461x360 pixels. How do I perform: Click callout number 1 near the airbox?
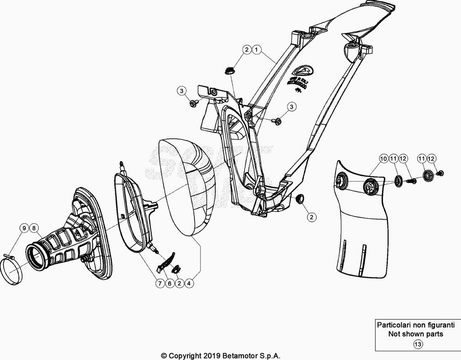click(256, 50)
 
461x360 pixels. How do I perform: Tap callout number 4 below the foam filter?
click(190, 283)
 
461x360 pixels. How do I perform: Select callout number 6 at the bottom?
click(170, 283)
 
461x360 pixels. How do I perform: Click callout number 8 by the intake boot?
click(33, 228)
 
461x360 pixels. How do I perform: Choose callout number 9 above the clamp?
click(23, 228)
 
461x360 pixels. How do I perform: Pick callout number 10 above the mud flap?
click(383, 158)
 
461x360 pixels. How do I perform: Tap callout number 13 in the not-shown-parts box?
click(418, 345)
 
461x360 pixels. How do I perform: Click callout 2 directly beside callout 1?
click(247, 50)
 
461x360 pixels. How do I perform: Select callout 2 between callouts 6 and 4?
click(180, 283)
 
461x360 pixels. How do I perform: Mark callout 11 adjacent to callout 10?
click(393, 158)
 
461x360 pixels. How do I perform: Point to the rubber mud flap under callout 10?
click(360, 234)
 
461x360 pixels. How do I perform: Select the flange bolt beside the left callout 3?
click(193, 104)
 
